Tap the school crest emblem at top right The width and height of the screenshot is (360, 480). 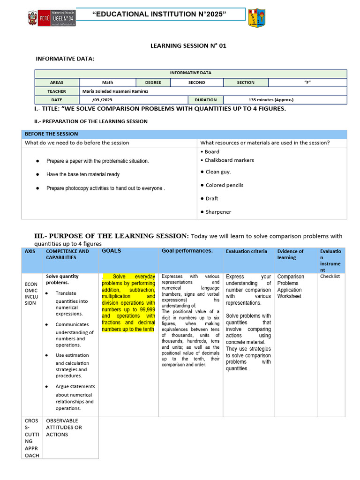[x=256, y=18]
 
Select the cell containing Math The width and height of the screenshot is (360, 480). [x=107, y=82]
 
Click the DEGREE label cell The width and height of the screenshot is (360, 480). [x=153, y=82]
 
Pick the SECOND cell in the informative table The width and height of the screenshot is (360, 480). [x=196, y=82]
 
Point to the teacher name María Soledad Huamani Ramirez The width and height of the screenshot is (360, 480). [x=115, y=91]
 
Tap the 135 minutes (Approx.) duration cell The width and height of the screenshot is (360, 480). [x=271, y=100]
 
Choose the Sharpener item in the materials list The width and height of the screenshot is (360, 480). [x=218, y=212]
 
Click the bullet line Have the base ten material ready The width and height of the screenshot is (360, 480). [x=83, y=174]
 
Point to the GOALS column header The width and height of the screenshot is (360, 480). [x=112, y=251]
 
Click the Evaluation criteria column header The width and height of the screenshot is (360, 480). [x=247, y=252]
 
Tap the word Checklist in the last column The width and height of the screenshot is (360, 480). [x=330, y=277]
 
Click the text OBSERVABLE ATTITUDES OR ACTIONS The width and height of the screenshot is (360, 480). [x=64, y=427]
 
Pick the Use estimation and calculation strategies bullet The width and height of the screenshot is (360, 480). [x=72, y=366]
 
